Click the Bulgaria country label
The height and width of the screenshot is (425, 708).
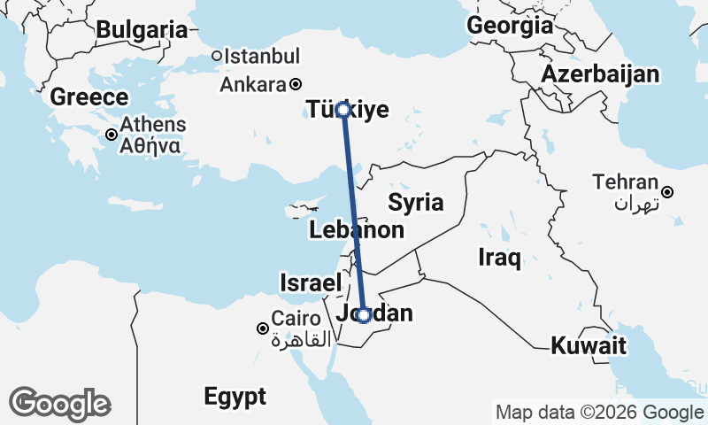pyautogui.click(x=142, y=30)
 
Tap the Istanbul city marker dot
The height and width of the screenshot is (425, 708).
pyautogui.click(x=217, y=57)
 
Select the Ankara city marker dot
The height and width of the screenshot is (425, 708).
pyautogui.click(x=296, y=85)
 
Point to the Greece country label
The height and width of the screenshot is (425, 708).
pyautogui.click(x=89, y=97)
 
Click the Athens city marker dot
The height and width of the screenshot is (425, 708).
pyautogui.click(x=112, y=135)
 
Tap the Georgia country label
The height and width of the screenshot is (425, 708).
pyautogui.click(x=510, y=26)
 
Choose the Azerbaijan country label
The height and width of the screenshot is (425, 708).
pyautogui.click(x=601, y=73)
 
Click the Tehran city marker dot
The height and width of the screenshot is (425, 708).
pyautogui.click(x=668, y=192)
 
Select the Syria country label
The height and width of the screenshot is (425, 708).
pyautogui.click(x=416, y=202)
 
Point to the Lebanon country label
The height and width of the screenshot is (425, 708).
pyautogui.click(x=357, y=231)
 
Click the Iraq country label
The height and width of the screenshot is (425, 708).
pyautogui.click(x=499, y=258)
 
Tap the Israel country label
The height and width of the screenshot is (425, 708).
pyautogui.click(x=310, y=283)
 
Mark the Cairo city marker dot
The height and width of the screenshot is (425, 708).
pyautogui.click(x=263, y=328)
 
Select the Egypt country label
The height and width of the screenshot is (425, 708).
pyautogui.click(x=235, y=396)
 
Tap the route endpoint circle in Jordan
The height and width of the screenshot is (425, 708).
pyautogui.click(x=363, y=314)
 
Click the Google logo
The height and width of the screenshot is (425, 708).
pyautogui.click(x=60, y=404)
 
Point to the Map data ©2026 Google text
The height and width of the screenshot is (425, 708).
pyautogui.click(x=599, y=413)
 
